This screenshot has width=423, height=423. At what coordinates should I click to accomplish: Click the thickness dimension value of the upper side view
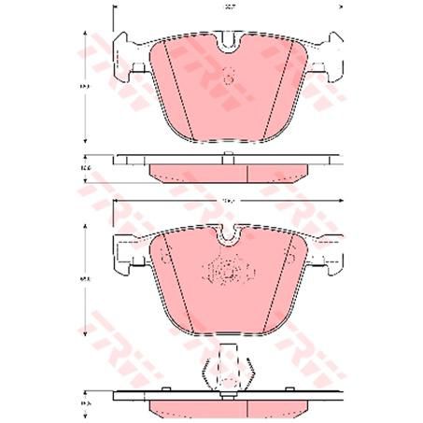tap(85, 168)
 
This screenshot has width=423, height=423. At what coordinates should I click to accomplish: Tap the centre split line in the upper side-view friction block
tap(246, 172)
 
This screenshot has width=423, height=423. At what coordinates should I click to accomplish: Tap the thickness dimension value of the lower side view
tap(85, 403)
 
